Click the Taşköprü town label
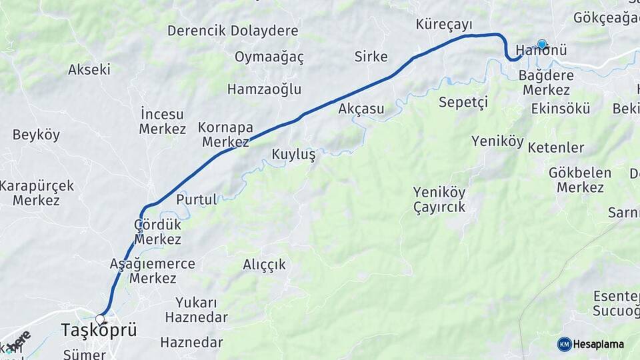99,330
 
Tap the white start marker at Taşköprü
100,319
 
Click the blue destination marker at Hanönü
542,45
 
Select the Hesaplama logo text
598,345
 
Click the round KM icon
564,345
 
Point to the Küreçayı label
444,25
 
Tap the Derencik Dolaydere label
233,31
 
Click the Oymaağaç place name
269,57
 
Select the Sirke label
371,57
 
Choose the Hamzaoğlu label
264,89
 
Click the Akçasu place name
361,109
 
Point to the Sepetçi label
463,103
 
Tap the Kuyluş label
293,155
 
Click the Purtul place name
197,199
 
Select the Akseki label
89,69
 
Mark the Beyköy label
36,135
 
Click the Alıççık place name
264,265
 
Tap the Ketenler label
555,148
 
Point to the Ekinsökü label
561,108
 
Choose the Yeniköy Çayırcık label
439,200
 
